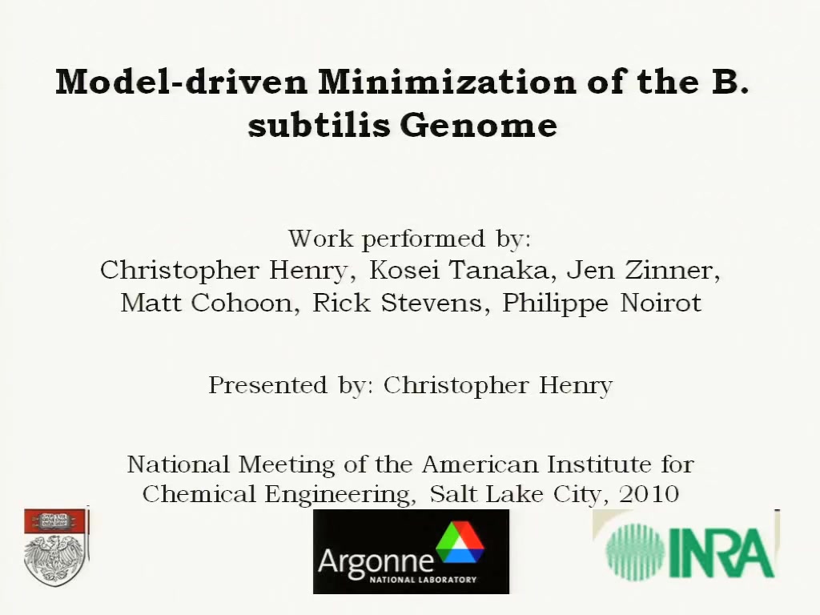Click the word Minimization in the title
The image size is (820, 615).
[447, 82]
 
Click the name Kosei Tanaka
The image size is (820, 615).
[459, 271]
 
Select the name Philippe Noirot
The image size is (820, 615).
[602, 303]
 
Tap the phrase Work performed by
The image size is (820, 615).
[409, 239]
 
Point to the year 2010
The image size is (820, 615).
[649, 493]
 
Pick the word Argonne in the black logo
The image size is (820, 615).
[376, 561]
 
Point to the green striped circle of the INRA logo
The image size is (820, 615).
[635, 553]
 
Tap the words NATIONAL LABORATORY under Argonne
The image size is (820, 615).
[423, 580]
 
